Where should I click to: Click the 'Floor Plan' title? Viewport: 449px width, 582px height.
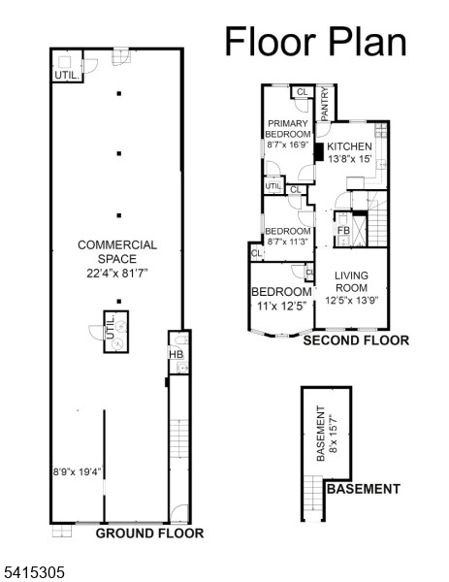315,42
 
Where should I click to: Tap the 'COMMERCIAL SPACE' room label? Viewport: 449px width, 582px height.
117,252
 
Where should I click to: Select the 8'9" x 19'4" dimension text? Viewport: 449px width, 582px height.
78,472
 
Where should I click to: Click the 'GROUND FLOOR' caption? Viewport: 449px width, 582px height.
149,533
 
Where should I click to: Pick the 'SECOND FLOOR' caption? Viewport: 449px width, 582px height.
356,341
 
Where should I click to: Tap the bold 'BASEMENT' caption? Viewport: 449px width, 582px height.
363,489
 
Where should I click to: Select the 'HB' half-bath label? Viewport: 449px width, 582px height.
176,355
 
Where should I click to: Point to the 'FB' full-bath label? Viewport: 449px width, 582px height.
343,231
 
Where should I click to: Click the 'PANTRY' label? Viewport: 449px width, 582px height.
326,104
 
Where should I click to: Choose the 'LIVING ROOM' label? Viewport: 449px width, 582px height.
351,281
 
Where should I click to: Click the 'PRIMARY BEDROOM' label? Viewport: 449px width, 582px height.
288,128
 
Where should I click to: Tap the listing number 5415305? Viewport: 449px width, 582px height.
33,572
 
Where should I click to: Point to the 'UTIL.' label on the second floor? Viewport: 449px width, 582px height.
273,185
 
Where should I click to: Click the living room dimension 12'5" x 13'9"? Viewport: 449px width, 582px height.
351,301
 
